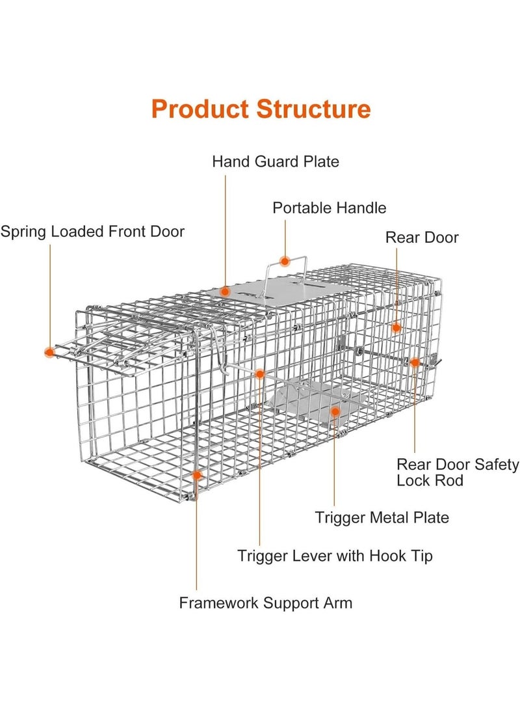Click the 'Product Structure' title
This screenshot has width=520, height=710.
tap(261, 109)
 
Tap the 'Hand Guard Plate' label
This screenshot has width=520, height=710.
tap(276, 161)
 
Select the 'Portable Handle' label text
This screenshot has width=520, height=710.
tap(329, 208)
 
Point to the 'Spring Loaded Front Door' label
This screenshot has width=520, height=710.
tap(92, 232)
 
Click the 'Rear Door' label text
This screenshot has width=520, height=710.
tap(422, 238)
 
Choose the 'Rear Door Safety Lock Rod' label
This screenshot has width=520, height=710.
tap(458, 472)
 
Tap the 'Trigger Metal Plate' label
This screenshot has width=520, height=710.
tap(382, 517)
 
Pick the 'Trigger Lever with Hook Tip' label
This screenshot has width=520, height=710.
tap(335, 556)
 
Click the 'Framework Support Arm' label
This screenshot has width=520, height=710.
tap(265, 603)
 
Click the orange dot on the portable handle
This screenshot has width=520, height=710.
tap(285, 261)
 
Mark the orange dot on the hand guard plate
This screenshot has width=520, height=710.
tap(225, 292)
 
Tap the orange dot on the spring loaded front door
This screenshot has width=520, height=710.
tap(50, 352)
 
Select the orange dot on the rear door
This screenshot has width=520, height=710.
tap(396, 328)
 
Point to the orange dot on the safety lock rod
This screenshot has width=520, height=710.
tap(415, 362)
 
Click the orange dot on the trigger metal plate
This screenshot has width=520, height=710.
tap(335, 411)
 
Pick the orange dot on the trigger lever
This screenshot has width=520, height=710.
tap(259, 374)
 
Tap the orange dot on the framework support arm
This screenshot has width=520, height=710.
tap(197, 476)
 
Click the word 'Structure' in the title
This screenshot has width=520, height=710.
tap(313, 109)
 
